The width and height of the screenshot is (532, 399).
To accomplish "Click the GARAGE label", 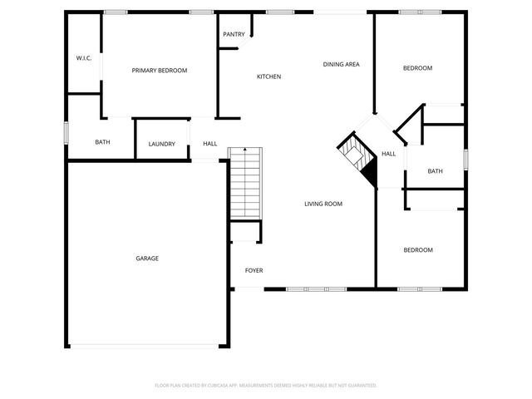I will pos(147,259).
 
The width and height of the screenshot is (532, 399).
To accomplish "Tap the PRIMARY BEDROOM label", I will pos(160,71).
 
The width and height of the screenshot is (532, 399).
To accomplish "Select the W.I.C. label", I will pos(83,58).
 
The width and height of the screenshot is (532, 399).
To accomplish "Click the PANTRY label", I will pos(233,34).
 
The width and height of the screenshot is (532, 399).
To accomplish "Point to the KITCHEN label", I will pos(268,76).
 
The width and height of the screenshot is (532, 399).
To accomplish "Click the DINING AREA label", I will pos(341,64).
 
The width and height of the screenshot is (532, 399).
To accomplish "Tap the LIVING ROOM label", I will pos(323,204).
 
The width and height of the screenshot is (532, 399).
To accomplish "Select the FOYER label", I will pos(254,271).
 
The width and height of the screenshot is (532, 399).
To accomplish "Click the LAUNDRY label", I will pos(162,144).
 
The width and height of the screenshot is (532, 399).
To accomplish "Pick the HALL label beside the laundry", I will pos(210,144).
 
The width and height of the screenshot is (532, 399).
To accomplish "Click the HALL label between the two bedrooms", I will pos(388,154).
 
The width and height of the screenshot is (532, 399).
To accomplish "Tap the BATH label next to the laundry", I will pos(102,142).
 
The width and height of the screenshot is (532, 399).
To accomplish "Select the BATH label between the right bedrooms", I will pos(435,171).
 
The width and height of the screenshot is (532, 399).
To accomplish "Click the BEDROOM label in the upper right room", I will pos(417,68).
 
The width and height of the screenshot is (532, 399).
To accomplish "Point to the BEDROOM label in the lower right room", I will pos(418,250).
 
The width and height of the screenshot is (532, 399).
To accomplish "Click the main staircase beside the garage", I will pos(246,183).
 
